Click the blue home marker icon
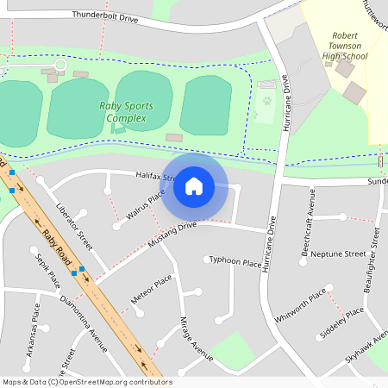tap(194, 185)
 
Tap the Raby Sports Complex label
tap(126, 112)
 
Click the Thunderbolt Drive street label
tap(105, 16)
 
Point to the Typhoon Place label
tap(235, 261)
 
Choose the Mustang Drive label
tap(172, 235)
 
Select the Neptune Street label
tap(338, 254)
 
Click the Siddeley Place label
tap(342, 321)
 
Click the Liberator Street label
tap(73, 223)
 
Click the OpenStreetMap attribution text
tap(87, 382)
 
